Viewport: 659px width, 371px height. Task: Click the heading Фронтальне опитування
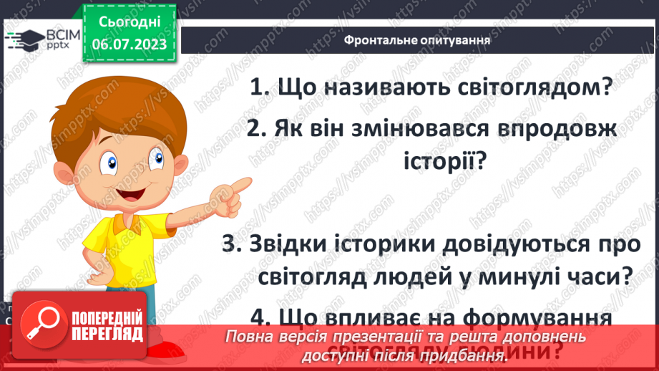click(416, 39)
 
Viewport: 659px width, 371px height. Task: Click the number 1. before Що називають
click(260, 88)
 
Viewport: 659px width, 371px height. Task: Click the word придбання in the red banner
click(466, 355)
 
